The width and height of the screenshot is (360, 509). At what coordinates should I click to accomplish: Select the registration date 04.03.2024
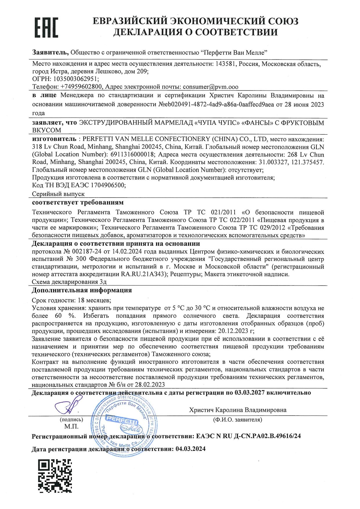190,449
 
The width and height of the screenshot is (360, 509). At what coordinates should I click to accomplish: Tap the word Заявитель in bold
50,52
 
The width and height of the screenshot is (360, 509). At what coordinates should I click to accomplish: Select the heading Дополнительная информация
82,290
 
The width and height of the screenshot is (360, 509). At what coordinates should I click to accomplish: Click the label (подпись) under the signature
71,419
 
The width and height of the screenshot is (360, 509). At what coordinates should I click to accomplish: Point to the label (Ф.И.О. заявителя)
237,419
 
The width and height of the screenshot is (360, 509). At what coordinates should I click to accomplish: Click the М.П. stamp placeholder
71,427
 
